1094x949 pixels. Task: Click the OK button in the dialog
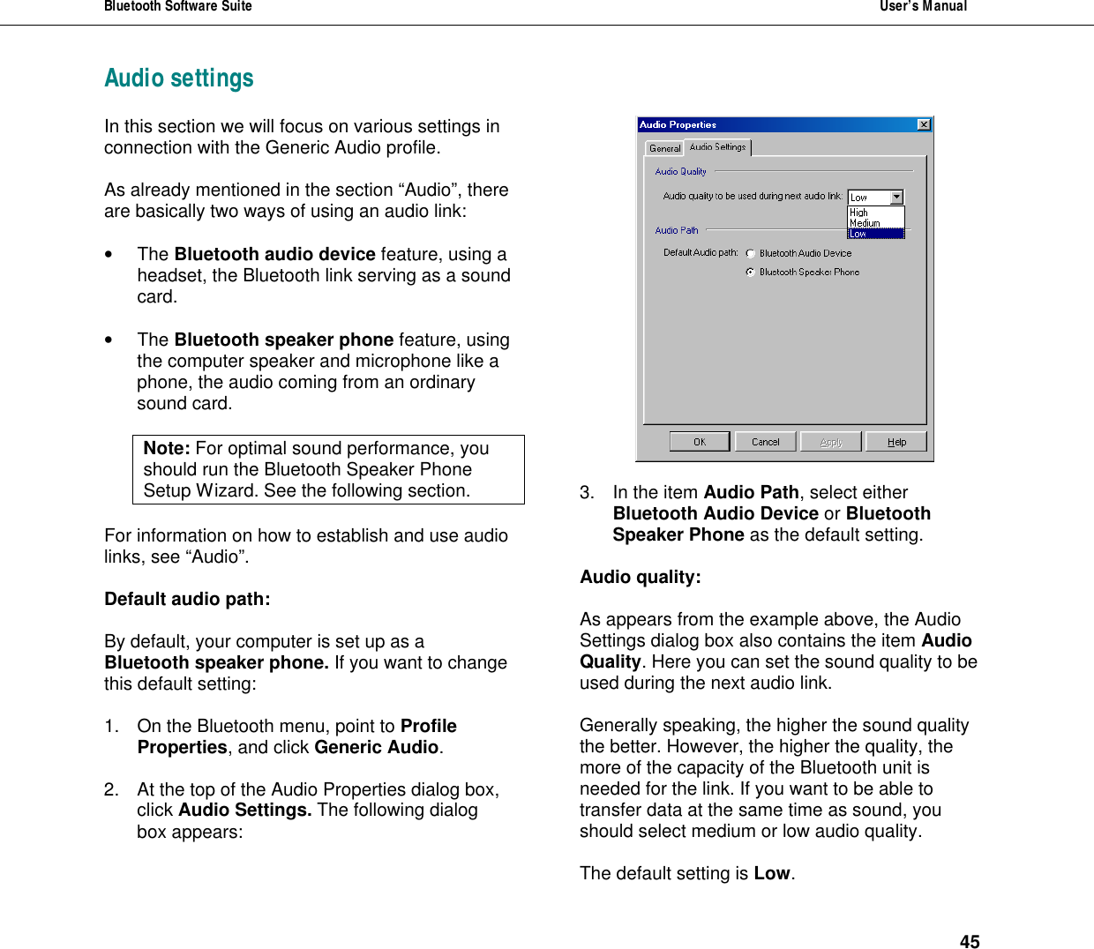(x=699, y=442)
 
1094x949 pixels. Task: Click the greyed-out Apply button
(x=830, y=442)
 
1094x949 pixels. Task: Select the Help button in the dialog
(x=896, y=442)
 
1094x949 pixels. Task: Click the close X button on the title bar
(x=924, y=125)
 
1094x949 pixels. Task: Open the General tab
(x=665, y=148)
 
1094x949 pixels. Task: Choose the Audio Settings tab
(x=717, y=147)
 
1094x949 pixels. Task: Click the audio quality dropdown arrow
(x=896, y=198)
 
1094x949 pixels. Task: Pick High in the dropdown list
(x=859, y=213)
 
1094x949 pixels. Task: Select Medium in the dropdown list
(x=865, y=223)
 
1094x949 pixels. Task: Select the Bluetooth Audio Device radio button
(x=751, y=254)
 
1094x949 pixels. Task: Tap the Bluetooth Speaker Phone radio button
(x=751, y=273)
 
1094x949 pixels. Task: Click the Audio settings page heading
(x=179, y=78)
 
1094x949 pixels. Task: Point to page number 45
(x=970, y=942)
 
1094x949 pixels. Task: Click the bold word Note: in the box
(x=167, y=449)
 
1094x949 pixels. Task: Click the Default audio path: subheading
(x=187, y=600)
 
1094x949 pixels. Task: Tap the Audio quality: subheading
(x=641, y=578)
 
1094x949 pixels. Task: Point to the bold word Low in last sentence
(x=772, y=873)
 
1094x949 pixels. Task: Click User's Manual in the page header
(x=923, y=7)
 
